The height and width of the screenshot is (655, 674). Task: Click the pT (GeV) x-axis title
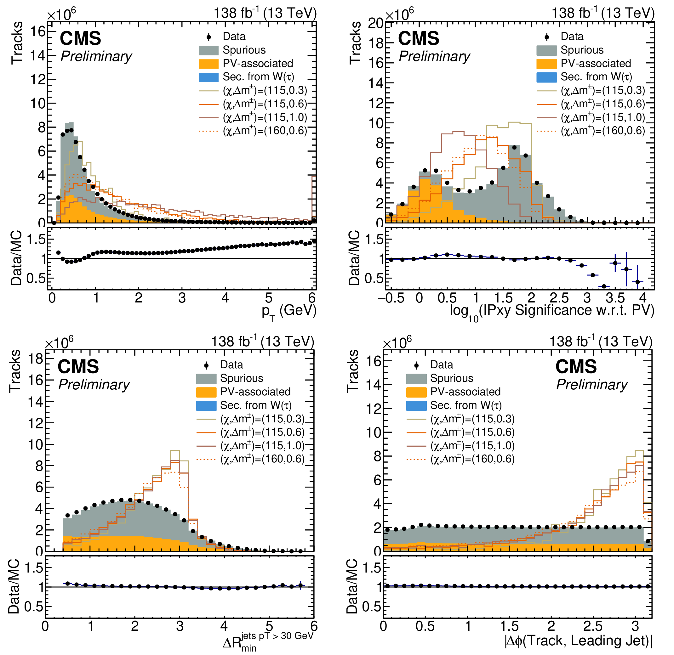[289, 311]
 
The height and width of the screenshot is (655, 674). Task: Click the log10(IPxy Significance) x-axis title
[552, 311]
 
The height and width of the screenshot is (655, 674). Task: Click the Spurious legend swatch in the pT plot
[208, 51]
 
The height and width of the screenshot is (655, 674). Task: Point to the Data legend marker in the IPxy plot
[547, 37]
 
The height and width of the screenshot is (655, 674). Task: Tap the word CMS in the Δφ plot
[576, 367]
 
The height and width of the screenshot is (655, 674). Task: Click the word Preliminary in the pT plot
[96, 56]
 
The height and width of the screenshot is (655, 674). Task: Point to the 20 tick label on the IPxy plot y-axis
[375, 23]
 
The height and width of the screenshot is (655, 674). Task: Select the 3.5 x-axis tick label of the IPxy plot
[615, 298]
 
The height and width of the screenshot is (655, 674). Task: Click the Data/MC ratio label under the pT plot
[16, 258]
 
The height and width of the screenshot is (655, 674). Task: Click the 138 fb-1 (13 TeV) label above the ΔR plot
[263, 342]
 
